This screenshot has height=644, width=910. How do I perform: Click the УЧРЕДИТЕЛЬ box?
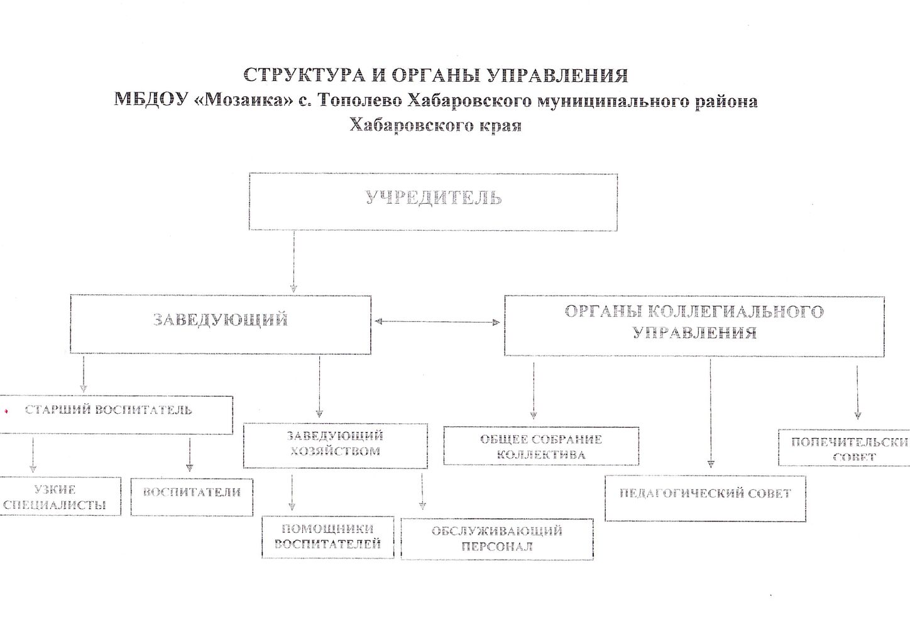[433, 202]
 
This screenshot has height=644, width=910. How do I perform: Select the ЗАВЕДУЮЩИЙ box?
[220, 323]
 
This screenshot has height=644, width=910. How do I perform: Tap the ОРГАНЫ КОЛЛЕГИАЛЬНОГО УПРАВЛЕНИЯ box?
[694, 325]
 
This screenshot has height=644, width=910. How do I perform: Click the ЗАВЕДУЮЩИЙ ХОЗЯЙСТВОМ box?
[335, 445]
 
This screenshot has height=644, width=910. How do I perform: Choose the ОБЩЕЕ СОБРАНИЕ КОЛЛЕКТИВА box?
[540, 446]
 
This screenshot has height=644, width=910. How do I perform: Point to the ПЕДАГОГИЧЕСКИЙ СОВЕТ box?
[704, 498]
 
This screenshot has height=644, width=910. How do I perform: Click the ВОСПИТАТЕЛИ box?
[192, 496]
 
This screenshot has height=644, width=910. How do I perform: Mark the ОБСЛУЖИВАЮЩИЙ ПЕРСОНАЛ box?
[496, 538]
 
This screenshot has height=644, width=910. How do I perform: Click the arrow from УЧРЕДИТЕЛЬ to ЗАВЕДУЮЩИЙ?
[293, 261]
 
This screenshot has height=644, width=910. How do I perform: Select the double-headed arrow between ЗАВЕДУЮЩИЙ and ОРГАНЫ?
[437, 322]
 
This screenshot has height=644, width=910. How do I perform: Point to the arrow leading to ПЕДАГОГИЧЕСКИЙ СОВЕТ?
[711, 415]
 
